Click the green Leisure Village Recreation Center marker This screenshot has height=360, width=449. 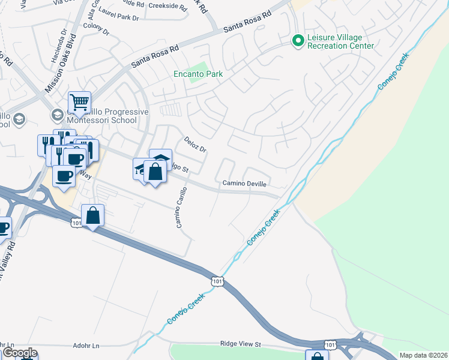point(297,41)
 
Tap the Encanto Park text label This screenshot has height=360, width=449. point(197,74)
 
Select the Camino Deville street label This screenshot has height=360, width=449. point(244,184)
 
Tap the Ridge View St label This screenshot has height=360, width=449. point(241,344)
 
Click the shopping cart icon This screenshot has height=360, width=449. point(79,103)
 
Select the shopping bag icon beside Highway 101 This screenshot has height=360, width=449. point(93,215)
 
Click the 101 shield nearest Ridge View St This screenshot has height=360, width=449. point(330,344)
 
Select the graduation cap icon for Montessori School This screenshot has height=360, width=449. point(57,115)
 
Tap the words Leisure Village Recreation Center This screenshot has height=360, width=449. point(340,41)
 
